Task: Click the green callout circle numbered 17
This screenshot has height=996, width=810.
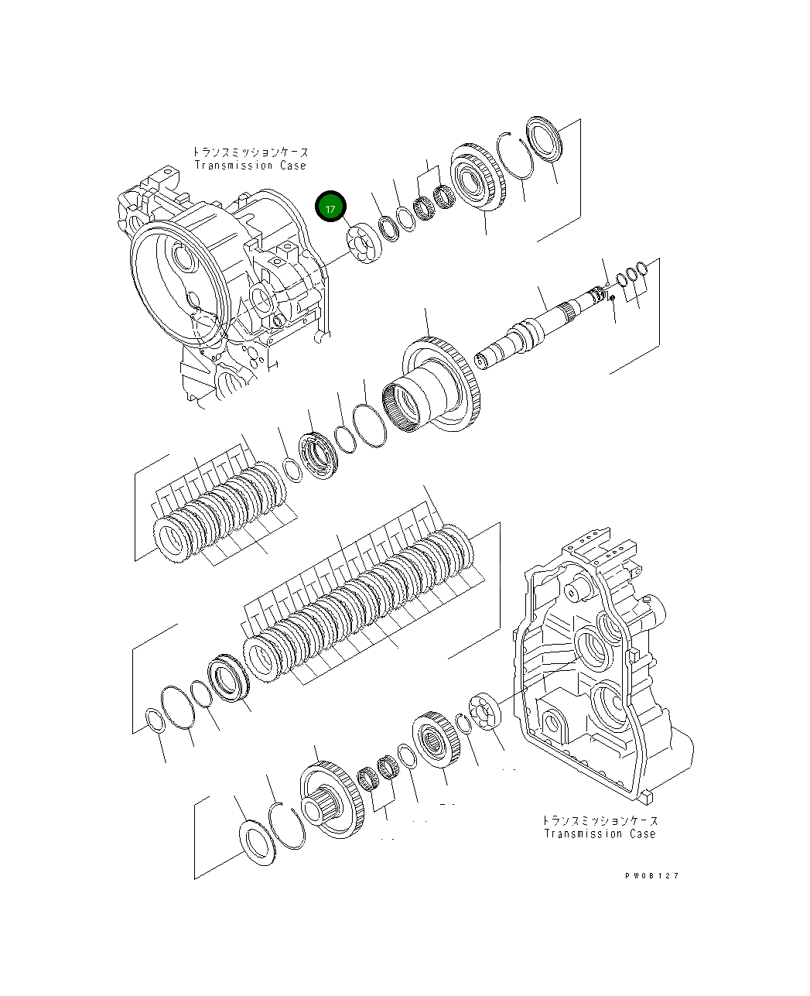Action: (x=331, y=208)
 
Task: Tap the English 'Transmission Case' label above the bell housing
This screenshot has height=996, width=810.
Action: (x=250, y=166)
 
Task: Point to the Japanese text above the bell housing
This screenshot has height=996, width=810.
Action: (x=250, y=152)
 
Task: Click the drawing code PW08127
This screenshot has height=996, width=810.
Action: (x=652, y=876)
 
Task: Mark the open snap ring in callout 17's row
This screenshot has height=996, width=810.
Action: (x=514, y=159)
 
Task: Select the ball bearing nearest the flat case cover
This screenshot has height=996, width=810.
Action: (x=488, y=712)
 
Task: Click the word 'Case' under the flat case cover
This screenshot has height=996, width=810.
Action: (x=642, y=833)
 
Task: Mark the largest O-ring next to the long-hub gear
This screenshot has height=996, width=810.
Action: (x=369, y=425)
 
